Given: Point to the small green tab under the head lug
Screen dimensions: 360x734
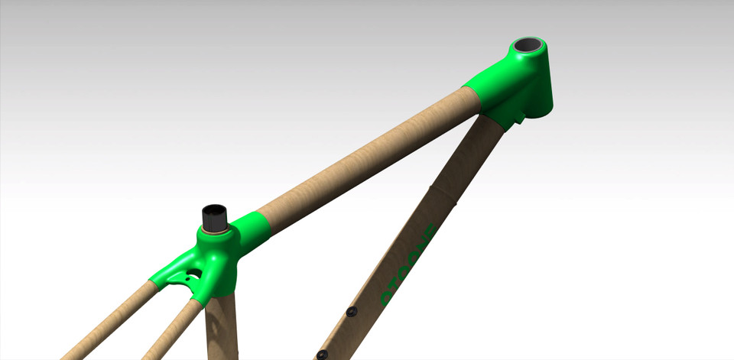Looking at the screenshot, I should pyautogui.click(x=521, y=118).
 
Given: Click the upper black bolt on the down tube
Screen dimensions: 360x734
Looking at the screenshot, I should pyautogui.click(x=352, y=311).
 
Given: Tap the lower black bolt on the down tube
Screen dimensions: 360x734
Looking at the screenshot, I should pyautogui.click(x=322, y=354).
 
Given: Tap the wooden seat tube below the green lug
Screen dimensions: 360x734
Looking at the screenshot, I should pyautogui.click(x=220, y=329).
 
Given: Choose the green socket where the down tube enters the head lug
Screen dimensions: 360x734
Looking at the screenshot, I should pyautogui.click(x=500, y=115).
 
